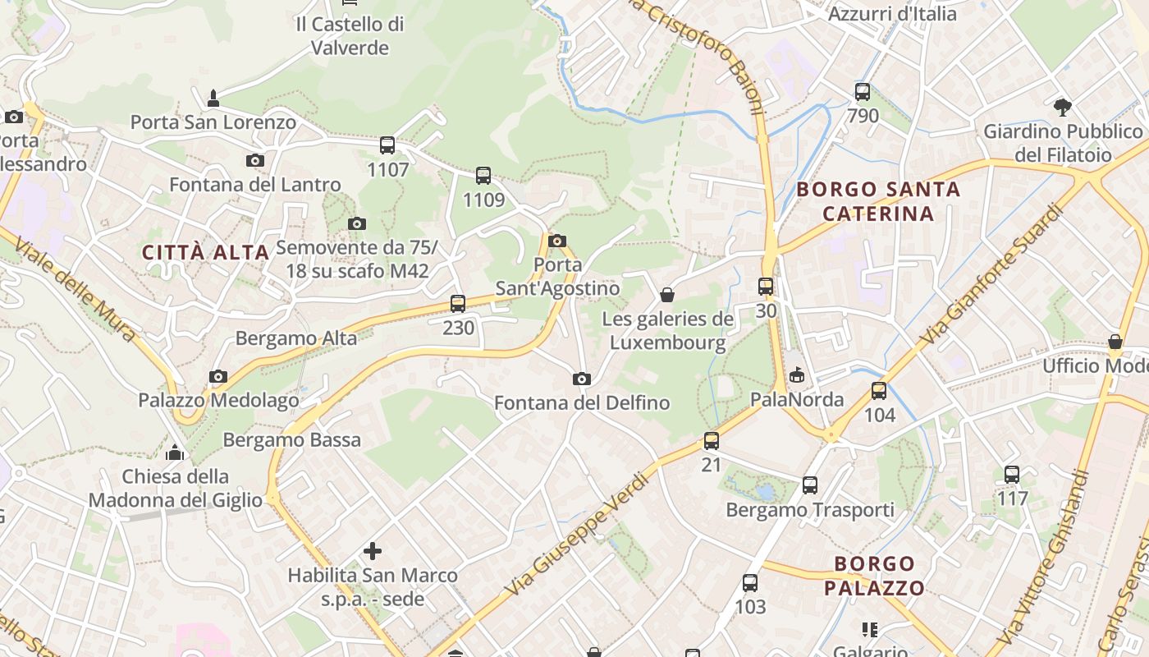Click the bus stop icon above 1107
click(x=387, y=145)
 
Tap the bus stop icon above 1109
click(x=483, y=175)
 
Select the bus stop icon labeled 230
click(x=458, y=303)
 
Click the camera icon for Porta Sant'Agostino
click(x=557, y=241)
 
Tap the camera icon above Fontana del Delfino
click(x=582, y=379)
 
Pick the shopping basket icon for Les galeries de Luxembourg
click(x=667, y=294)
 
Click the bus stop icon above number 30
click(x=766, y=286)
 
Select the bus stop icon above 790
click(x=863, y=91)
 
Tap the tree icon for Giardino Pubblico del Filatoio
click(x=1063, y=107)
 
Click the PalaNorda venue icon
click(x=796, y=375)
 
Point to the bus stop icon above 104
click(x=879, y=390)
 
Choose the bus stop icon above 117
click(x=1012, y=474)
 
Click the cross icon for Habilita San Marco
click(x=373, y=551)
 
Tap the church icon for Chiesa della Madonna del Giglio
click(x=175, y=452)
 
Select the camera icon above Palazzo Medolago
click(x=218, y=376)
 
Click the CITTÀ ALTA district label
click(x=206, y=252)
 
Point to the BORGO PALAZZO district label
click(x=874, y=576)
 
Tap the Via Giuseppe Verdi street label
click(x=577, y=535)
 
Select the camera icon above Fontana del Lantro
click(x=255, y=160)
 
